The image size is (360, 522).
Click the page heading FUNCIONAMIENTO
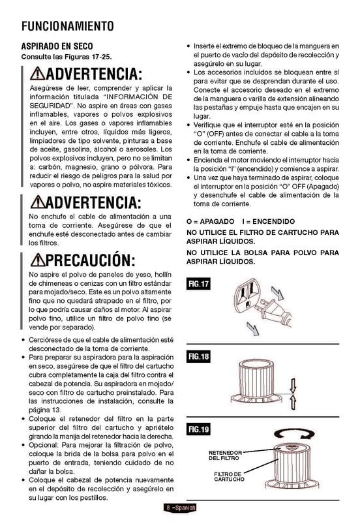[68, 26]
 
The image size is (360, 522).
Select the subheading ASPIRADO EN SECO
[57, 47]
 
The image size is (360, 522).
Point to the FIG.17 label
[199, 284]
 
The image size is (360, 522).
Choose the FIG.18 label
[199, 358]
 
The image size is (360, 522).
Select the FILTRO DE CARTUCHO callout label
[228, 476]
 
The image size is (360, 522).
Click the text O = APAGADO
[209, 221]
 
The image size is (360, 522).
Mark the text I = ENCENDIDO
[267, 221]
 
